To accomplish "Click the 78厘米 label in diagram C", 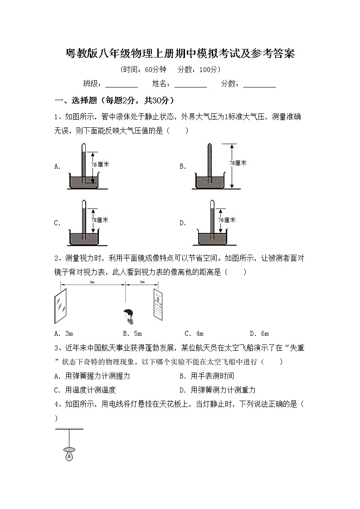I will point(100,220).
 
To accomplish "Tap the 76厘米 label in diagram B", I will point(238,163).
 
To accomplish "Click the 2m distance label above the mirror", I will point(92,282).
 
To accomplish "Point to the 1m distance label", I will point(142,282).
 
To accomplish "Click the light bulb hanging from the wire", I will point(69,453).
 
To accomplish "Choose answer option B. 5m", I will point(132,334).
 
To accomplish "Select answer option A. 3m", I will point(63,334).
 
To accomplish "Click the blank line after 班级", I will point(122,84).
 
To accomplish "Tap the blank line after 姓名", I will point(190,84).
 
